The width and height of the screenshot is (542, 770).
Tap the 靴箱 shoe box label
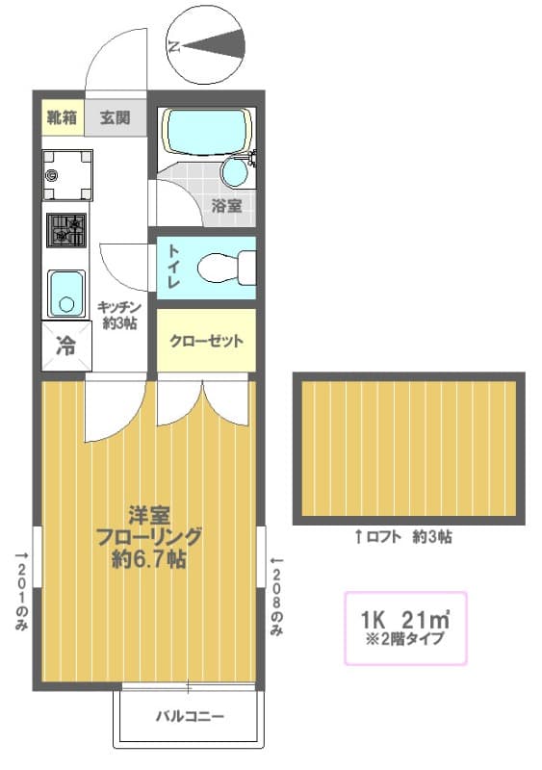pyautogui.click(x=63, y=118)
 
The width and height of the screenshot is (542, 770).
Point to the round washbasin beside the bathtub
pyautogui.click(x=234, y=173)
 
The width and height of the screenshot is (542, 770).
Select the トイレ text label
pyautogui.click(x=175, y=266)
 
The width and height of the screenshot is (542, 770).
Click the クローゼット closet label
pyautogui.click(x=206, y=341)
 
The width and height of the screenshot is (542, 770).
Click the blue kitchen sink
pyautogui.click(x=66, y=293)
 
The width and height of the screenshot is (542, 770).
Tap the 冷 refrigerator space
pyautogui.click(x=65, y=346)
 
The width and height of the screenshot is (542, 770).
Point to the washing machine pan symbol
pyautogui.click(x=66, y=174)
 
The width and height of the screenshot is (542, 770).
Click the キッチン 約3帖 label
pyautogui.click(x=117, y=315)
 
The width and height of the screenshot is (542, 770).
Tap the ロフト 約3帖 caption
pyautogui.click(x=403, y=537)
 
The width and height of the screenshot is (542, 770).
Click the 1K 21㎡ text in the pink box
pyautogui.click(x=405, y=618)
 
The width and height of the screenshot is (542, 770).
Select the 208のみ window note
pyautogui.click(x=277, y=597)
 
